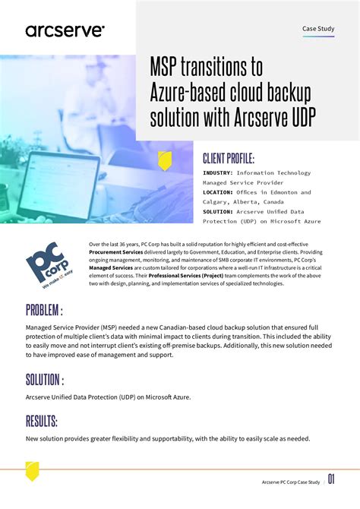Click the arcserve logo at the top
(x=65, y=30)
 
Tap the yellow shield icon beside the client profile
(x=163, y=160)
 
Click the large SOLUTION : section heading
(x=45, y=380)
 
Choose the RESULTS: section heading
(x=42, y=422)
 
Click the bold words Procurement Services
(x=117, y=251)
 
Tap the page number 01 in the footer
(x=332, y=479)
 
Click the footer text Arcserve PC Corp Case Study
(x=291, y=481)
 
